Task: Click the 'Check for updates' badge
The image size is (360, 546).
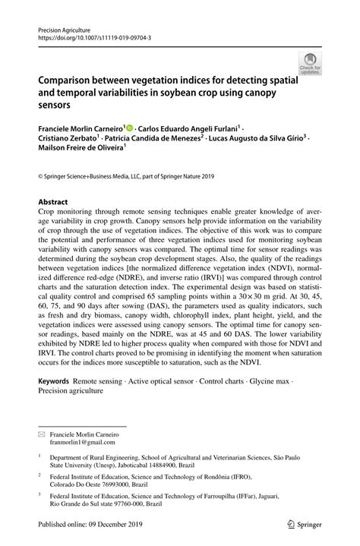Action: click(311, 63)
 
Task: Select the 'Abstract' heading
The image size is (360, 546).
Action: click(53, 203)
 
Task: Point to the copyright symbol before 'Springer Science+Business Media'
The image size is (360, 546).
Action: click(40, 175)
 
